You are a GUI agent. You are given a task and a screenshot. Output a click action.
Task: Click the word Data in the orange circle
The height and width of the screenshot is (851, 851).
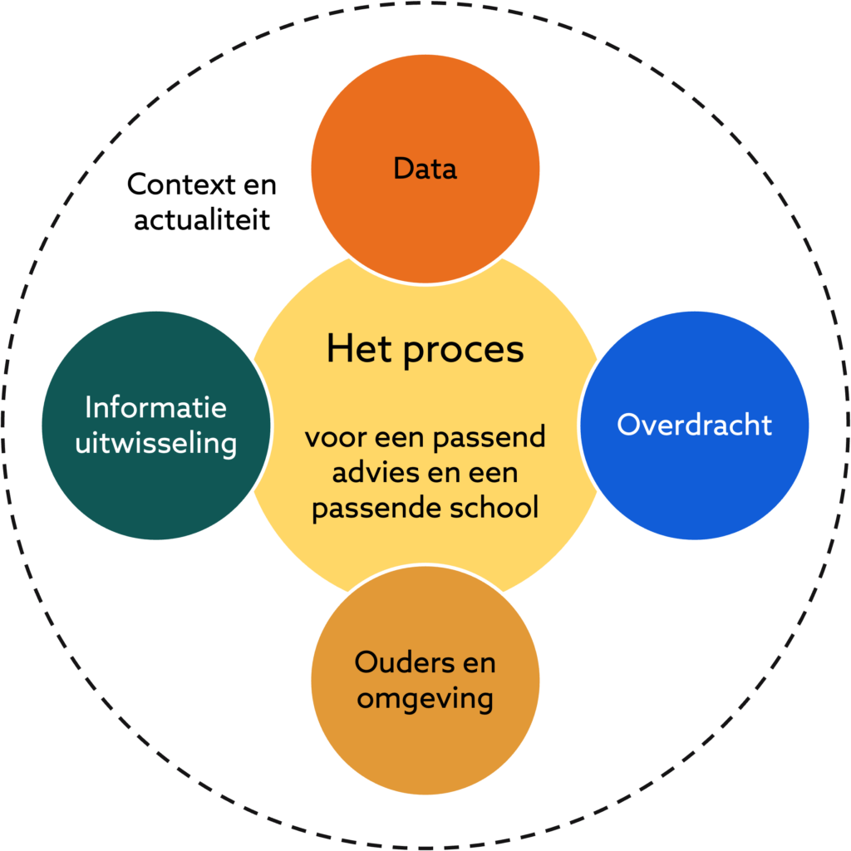425,169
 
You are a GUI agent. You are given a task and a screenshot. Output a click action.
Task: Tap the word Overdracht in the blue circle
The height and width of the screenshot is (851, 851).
694,425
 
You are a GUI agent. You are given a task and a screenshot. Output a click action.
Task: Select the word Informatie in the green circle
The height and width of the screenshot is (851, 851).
155,407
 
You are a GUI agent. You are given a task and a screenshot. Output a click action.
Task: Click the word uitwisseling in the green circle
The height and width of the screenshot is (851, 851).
155,442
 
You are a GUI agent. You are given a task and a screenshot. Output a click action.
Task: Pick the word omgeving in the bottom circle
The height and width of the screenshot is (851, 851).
425,698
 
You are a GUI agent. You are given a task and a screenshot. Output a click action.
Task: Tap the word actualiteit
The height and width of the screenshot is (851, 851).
202,220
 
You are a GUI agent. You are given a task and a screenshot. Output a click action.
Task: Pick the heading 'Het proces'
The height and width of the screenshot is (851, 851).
425,349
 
